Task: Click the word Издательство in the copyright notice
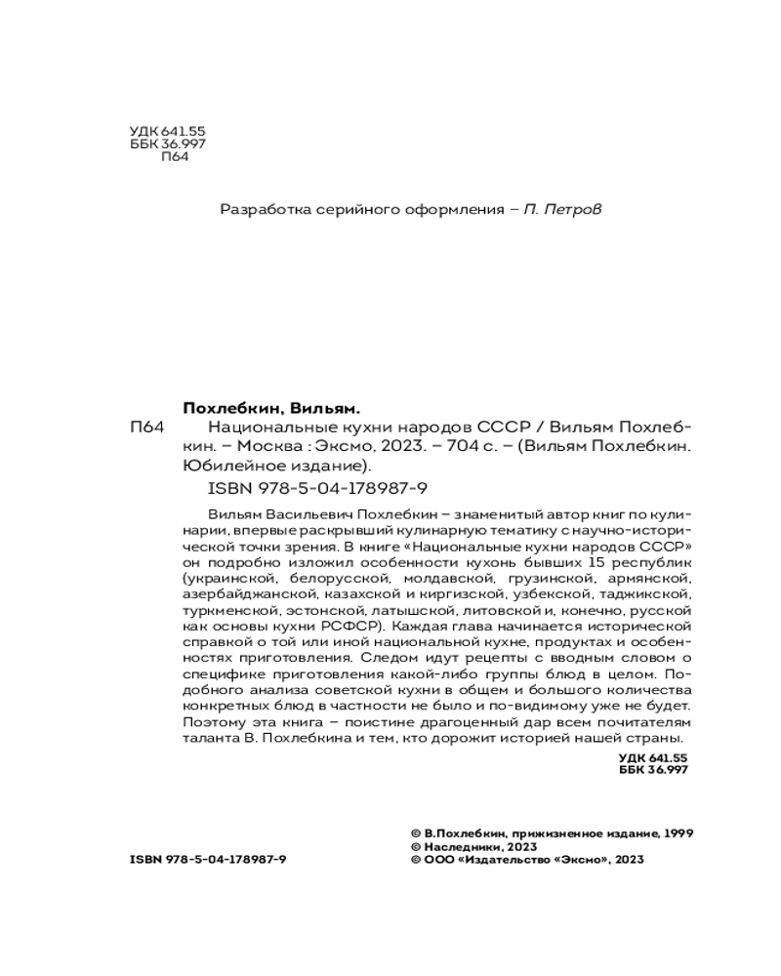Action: tap(507, 860)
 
